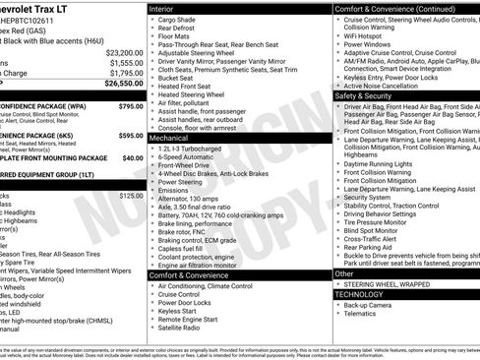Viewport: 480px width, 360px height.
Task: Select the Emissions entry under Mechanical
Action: pos(178,190)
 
